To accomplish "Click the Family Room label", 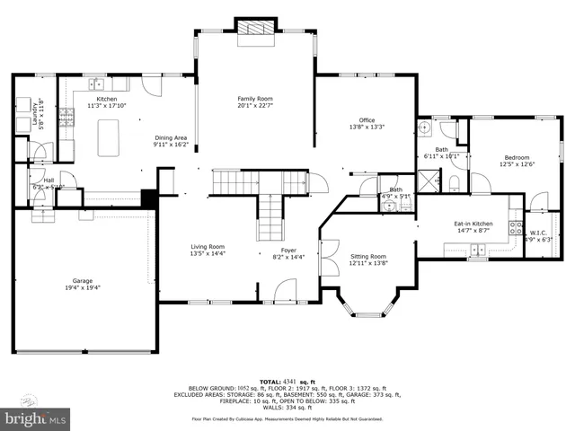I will coord(255,98).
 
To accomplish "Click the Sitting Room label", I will coord(367,256).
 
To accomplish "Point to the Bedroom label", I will coord(516,157).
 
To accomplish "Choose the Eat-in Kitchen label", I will coord(472,224).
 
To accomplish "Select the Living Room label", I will coord(208,247).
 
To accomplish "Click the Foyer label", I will coord(288,251).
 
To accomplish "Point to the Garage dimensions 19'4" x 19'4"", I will coord(84,287).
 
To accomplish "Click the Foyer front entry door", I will coord(286,289).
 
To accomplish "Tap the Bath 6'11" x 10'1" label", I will coord(441,153).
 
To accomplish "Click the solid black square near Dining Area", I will coord(149,198).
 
